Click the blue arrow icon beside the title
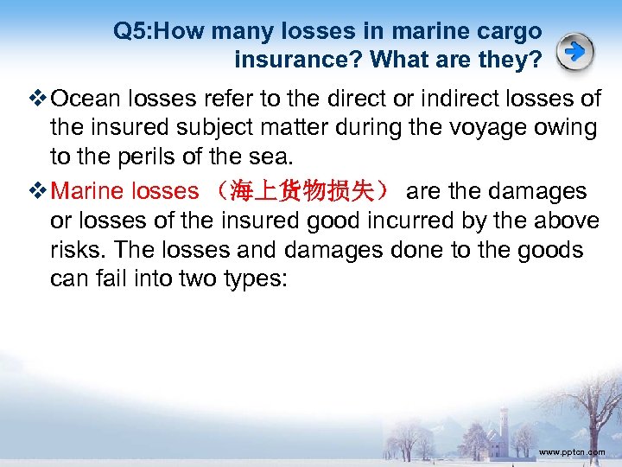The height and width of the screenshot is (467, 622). point(574,53)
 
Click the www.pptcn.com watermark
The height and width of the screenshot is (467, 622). point(572,452)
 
